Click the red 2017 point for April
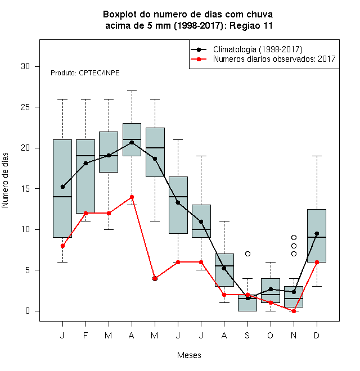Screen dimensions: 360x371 132,197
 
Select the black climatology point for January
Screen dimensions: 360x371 62,187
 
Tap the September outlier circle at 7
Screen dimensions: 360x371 247,254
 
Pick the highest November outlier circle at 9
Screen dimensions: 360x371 294,238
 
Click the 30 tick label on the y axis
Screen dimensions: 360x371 25,66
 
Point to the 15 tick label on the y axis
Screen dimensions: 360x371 25,189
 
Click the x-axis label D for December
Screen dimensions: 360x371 317,335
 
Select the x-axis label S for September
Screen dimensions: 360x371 247,335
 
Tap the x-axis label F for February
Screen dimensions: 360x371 85,335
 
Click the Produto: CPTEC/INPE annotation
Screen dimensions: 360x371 85,73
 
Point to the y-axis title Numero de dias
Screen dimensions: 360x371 5,180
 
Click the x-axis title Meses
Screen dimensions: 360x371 189,355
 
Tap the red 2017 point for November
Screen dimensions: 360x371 294,311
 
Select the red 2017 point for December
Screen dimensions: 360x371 317,262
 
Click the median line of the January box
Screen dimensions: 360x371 62,197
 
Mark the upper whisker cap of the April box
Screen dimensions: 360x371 132,91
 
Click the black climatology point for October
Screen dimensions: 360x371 271,289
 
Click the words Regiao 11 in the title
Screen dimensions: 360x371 251,25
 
